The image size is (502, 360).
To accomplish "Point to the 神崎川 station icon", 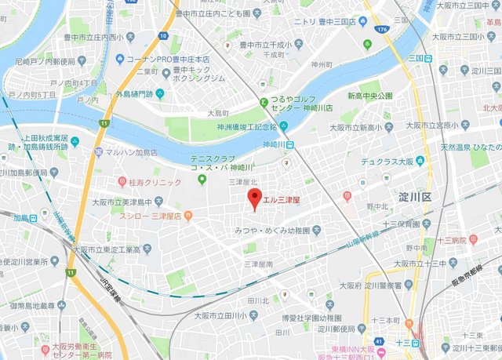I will point(289,144).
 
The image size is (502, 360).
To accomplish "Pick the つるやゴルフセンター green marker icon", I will point(264,101).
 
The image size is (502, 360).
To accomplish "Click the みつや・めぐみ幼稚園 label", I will point(277,231).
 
